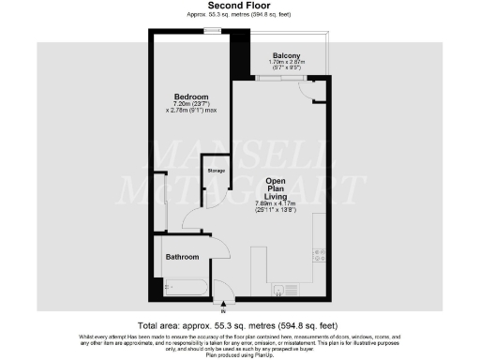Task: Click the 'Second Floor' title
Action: point(239,7)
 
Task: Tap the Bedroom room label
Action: point(191,97)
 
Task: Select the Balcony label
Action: point(286,55)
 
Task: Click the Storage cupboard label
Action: point(217,171)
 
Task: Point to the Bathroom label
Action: point(182,256)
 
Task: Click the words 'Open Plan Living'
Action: point(275,187)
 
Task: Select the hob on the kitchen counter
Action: point(320,253)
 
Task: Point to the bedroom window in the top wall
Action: point(213,31)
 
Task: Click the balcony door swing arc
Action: point(306,89)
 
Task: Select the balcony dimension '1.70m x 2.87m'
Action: point(286,63)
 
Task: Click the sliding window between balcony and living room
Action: point(273,78)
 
